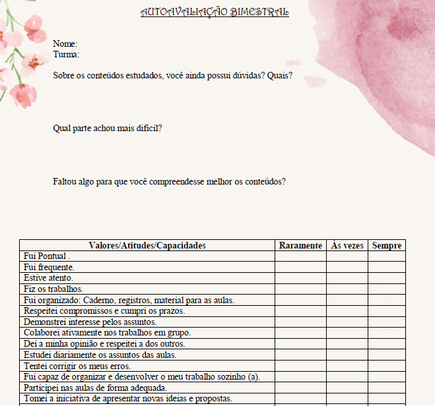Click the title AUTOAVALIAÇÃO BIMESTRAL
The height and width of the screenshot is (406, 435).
point(215,13)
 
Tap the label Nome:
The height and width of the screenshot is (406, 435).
point(65,44)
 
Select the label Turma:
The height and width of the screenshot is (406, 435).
point(66,55)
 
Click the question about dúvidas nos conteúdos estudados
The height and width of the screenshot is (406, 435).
point(172,76)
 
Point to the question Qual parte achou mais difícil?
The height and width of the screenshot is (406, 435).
point(108,129)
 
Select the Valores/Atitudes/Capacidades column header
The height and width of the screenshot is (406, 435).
point(147,246)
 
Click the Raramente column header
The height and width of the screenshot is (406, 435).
point(300,246)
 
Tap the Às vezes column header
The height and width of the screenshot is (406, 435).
point(347,246)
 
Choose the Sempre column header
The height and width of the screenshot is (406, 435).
point(387,246)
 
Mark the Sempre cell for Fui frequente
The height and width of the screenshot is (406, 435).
point(387,267)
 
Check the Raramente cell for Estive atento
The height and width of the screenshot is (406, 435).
point(300,278)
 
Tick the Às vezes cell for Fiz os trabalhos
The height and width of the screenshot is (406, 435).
point(347,289)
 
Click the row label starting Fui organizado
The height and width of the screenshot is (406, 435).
point(129,300)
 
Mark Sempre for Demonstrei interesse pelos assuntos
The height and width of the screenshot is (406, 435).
point(387,322)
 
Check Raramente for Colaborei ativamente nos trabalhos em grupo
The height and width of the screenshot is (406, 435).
point(300,333)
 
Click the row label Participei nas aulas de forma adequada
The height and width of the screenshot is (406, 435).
point(95,388)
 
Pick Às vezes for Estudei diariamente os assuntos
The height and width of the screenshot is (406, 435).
point(347,355)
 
